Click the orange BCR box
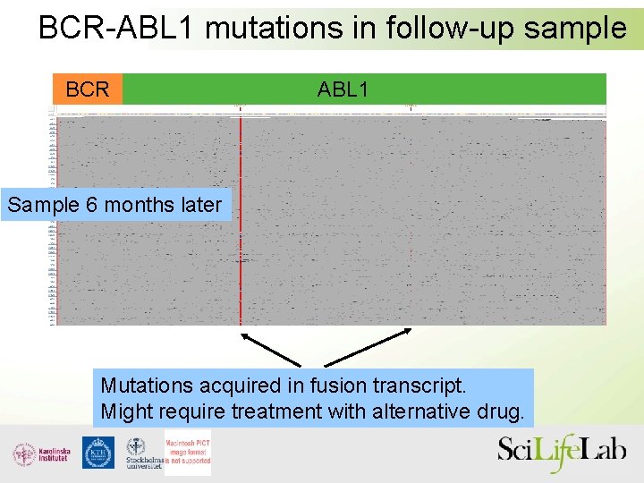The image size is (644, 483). [x=87, y=89]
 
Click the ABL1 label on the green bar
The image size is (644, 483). [x=343, y=89]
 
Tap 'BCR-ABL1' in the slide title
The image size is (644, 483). [x=117, y=28]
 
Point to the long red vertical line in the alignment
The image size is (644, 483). [x=240, y=224]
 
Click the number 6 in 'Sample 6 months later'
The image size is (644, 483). [x=92, y=205]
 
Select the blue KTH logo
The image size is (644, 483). [x=98, y=453]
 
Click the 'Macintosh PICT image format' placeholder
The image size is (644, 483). [x=187, y=452]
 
